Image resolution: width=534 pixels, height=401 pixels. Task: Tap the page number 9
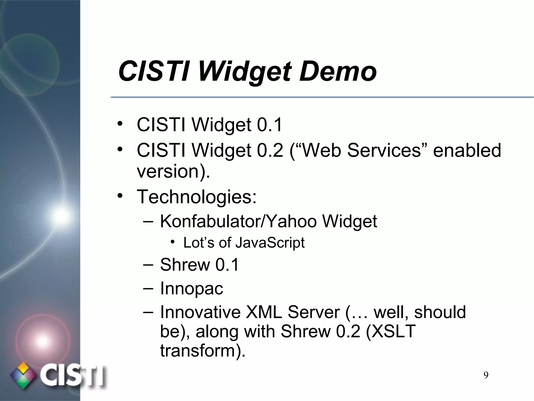coord(486,375)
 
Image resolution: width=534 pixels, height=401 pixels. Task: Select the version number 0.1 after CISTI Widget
coord(269,125)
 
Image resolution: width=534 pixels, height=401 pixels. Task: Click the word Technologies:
coord(197,197)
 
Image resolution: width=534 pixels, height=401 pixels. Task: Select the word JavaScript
coord(270,243)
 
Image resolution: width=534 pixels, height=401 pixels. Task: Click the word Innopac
coord(192,288)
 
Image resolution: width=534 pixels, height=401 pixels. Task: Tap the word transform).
coord(203,350)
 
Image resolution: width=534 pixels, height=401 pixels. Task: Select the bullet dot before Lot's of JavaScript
coord(173,242)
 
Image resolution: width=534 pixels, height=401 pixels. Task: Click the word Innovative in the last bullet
coord(200,312)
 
